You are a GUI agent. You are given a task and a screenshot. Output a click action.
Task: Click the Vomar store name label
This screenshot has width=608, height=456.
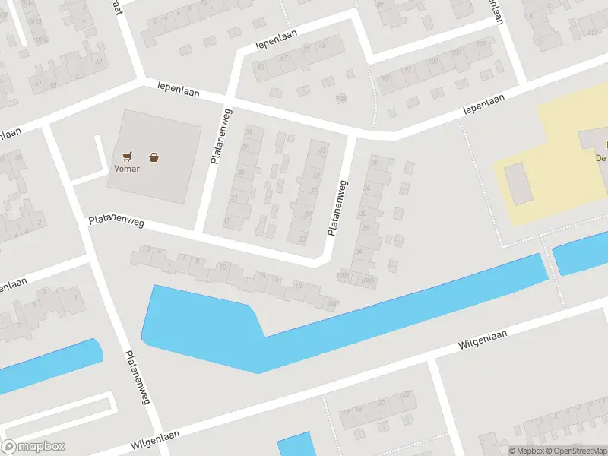[127, 169]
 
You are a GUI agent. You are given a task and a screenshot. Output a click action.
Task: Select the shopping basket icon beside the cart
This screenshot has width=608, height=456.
[155, 157]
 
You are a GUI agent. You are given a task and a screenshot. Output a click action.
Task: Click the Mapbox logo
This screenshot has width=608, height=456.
[33, 447]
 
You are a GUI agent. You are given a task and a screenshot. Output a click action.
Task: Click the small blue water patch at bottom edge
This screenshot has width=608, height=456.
[295, 445]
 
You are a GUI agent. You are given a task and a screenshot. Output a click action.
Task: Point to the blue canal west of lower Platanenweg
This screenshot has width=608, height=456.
[46, 366]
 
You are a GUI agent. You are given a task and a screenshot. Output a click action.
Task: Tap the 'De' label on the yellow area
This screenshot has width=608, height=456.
[600, 158]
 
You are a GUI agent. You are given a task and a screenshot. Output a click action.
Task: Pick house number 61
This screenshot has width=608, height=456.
[99, 62]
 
